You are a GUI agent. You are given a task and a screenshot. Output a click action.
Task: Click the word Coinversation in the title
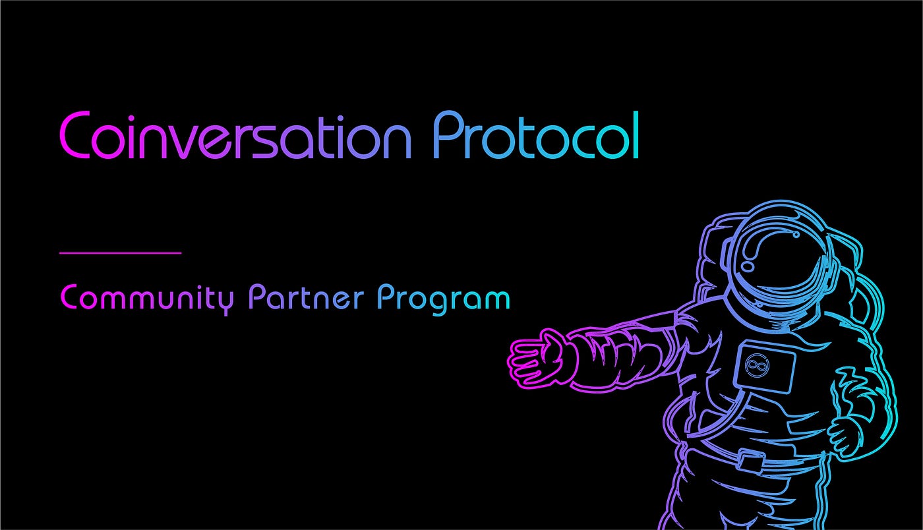point(235,134)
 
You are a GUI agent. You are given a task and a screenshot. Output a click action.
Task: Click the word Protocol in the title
point(535,134)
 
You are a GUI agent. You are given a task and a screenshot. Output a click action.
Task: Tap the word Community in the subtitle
point(148,299)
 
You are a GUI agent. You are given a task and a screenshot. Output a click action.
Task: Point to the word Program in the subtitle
point(444,299)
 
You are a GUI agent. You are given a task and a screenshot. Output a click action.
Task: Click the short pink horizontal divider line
point(120,252)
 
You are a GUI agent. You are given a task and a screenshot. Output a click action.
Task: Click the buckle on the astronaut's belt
point(751,461)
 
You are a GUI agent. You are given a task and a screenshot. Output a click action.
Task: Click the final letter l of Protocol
point(636,134)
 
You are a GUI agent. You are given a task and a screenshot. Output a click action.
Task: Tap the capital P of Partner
point(256,297)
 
